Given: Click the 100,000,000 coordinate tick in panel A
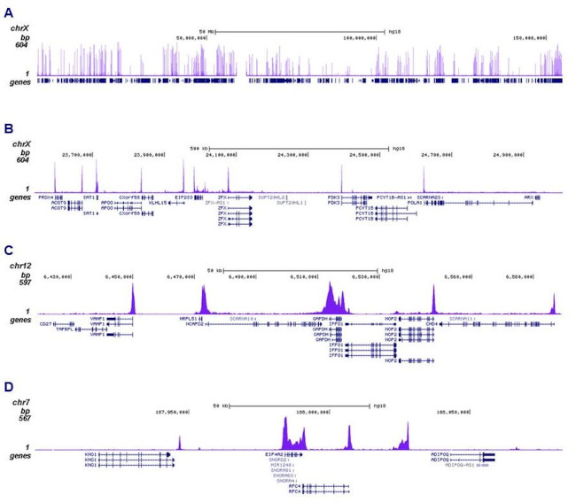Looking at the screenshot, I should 365,38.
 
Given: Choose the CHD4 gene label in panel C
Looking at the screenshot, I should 431,324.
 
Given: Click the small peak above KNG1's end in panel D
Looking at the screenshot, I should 179,443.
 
